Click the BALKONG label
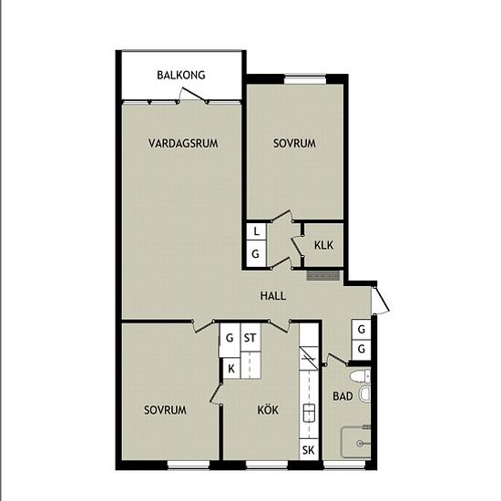pyautogui.click(x=181, y=75)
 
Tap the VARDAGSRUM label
pyautogui.click(x=183, y=143)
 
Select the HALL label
pyautogui.click(x=273, y=296)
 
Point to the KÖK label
pyautogui.click(x=268, y=410)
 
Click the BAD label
pyautogui.click(x=343, y=396)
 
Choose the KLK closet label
pyautogui.click(x=323, y=245)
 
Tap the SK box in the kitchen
pyautogui.click(x=308, y=450)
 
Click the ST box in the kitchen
pyautogui.click(x=250, y=338)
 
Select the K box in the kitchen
pyautogui.click(x=231, y=368)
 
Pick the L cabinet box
pyautogui.click(x=256, y=231)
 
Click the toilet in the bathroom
pyautogui.click(x=361, y=376)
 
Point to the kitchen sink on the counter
pyautogui.click(x=309, y=413)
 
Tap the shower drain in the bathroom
pyautogui.click(x=360, y=444)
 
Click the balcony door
pyautogui.click(x=192, y=95)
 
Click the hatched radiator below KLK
pyautogui.click(x=322, y=275)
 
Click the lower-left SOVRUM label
pyautogui.click(x=165, y=410)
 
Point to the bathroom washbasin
pyautogui.click(x=365, y=394)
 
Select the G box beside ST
pyautogui.click(x=230, y=338)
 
